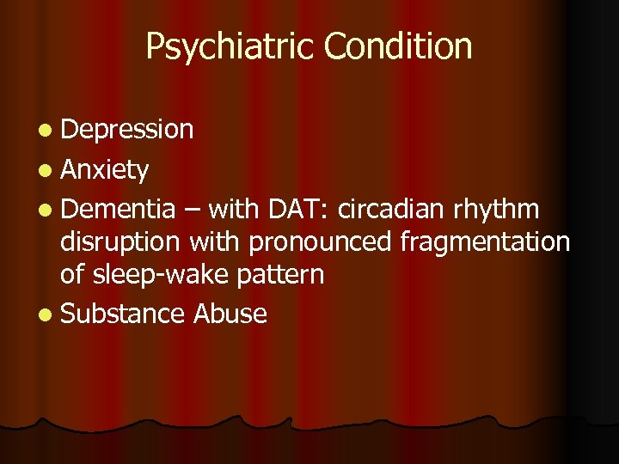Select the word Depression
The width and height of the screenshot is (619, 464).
click(127, 130)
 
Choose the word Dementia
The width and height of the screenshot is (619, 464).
click(119, 208)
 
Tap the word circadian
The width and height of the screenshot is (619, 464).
click(394, 208)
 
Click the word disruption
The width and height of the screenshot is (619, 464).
click(120, 243)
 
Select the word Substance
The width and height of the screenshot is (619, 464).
click(123, 314)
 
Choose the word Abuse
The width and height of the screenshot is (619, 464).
click(230, 314)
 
